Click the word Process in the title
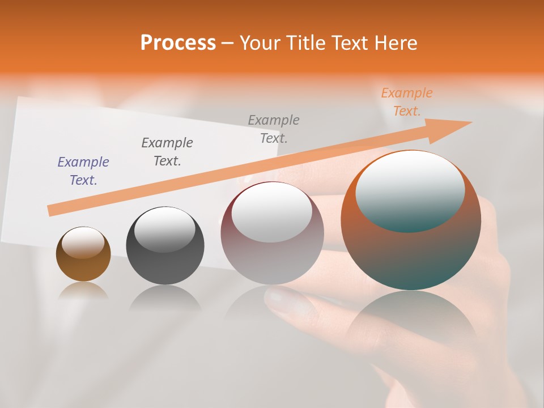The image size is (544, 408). coord(178,42)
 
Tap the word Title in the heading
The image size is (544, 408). coord(306,42)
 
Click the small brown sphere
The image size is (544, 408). coord(83,264)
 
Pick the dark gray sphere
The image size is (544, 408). coord(165,261)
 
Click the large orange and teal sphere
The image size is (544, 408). coord(411,255)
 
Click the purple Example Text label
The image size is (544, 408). coord(83,171)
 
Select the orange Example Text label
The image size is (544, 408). coord(406,102)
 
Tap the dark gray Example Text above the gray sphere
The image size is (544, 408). coord(167,151)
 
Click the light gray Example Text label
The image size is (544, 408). coord(274,129)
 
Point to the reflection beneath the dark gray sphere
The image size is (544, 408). coord(165,297)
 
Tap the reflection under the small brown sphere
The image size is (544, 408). coord(83,291)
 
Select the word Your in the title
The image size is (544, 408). coord(262,42)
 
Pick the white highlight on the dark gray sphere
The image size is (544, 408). coord(165,230)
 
